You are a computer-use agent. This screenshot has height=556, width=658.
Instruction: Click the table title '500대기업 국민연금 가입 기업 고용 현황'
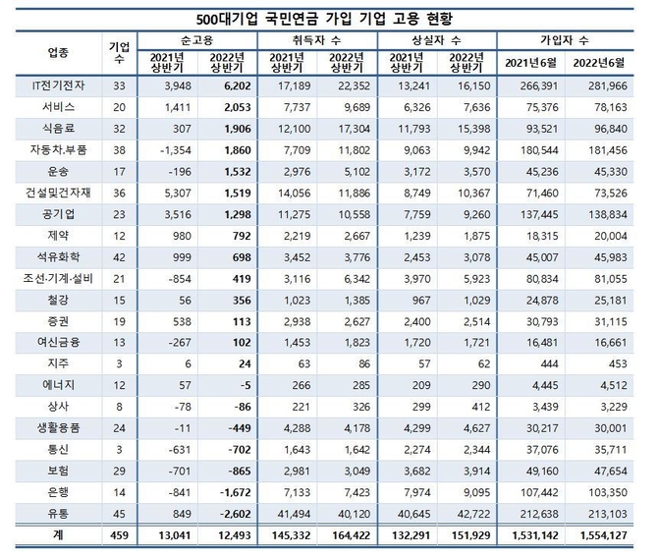(329, 18)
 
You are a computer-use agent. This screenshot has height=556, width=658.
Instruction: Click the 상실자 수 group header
(439, 40)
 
